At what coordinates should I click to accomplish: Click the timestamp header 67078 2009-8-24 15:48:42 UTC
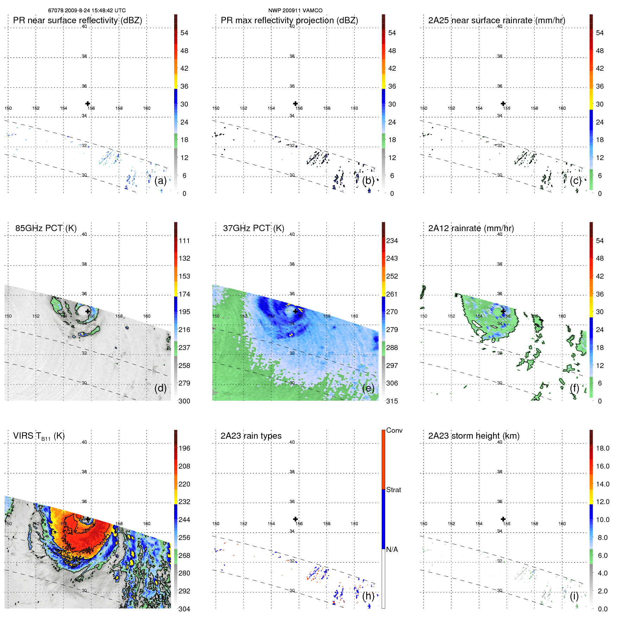tap(87, 11)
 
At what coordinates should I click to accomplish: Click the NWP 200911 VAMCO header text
tap(295, 11)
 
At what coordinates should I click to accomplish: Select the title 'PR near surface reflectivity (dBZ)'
tap(77, 20)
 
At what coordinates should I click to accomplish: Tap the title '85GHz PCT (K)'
tap(46, 228)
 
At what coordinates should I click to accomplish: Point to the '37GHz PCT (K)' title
tap(253, 228)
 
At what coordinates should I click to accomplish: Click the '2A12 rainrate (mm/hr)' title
tap(471, 228)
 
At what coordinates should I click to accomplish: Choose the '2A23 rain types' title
tap(251, 436)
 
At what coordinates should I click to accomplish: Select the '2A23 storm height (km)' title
tap(473, 436)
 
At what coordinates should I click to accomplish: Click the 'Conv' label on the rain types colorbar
tap(394, 430)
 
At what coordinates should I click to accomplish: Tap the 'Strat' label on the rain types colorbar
tap(393, 490)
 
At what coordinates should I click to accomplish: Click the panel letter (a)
tap(160, 180)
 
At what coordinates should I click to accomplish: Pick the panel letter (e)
tap(368, 388)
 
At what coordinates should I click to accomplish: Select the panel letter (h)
tap(368, 596)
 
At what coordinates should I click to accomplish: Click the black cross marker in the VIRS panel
tap(88, 519)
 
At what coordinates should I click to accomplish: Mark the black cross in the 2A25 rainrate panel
tap(503, 103)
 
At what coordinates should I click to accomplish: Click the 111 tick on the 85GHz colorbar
tap(184, 241)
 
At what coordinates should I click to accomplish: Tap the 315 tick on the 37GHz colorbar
tap(392, 401)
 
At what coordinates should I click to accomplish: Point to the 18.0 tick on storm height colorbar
tap(602, 448)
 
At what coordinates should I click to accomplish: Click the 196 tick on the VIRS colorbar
tap(184, 448)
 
